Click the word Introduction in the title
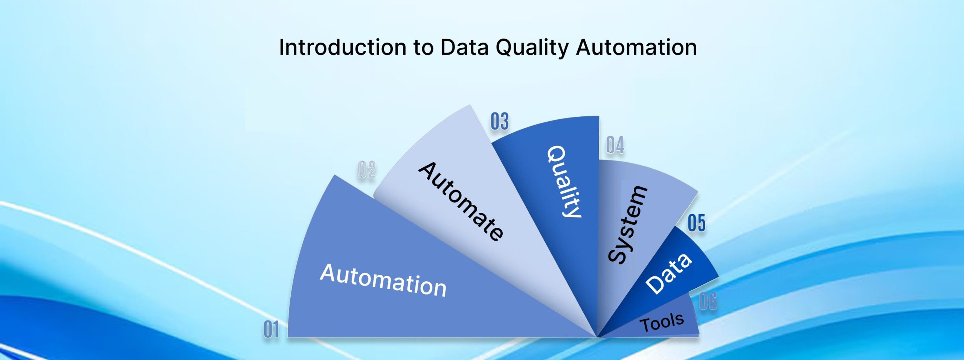coord(342,47)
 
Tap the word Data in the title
coord(464,47)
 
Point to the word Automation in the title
coord(636,47)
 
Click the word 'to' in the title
coord(423,48)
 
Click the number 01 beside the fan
coord(272,330)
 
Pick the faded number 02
coord(366,170)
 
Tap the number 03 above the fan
coord(500,122)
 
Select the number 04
coord(615,145)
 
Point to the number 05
coord(696,223)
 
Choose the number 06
coord(708,302)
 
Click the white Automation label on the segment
coord(383,280)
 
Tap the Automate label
coord(461,201)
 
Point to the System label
coord(628,224)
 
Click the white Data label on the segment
coord(668,273)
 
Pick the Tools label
coord(662,322)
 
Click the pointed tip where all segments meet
coord(597,337)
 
